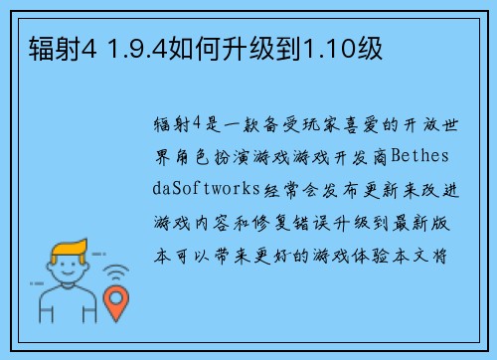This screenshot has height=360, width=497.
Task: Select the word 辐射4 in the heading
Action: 46,46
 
